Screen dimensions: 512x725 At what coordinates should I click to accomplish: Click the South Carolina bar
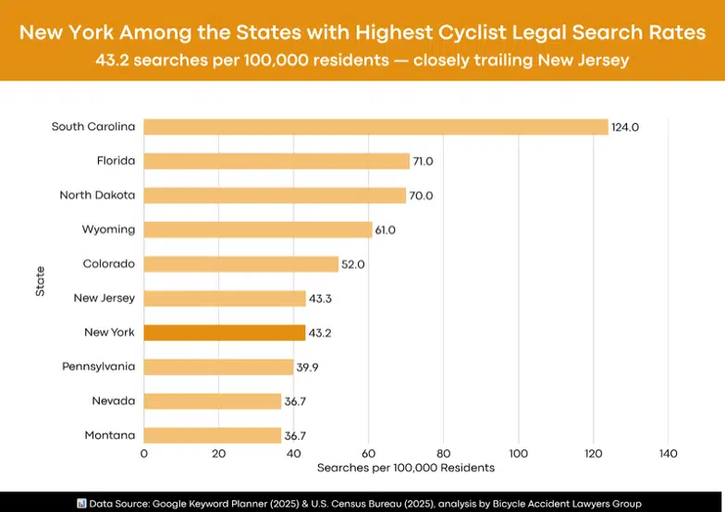point(375,127)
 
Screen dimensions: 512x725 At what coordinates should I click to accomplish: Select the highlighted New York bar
point(225,333)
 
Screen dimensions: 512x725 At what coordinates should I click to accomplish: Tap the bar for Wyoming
point(258,229)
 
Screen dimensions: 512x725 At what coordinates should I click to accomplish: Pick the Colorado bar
point(241,264)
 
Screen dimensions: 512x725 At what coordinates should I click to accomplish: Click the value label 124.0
point(625,128)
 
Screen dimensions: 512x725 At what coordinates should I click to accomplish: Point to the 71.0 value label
point(424,162)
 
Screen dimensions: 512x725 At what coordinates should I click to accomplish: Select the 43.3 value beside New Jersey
point(321,299)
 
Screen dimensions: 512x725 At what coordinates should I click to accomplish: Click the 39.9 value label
point(309,368)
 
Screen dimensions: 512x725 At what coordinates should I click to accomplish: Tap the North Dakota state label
point(97,195)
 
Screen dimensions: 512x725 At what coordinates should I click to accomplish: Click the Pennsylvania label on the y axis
point(98,367)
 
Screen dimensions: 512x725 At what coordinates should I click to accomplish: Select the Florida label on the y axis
point(116,161)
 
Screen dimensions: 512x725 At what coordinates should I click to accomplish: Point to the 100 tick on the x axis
point(519,454)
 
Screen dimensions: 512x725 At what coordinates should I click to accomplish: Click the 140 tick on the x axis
point(669,454)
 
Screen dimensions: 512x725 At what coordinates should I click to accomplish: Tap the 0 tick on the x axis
point(144,454)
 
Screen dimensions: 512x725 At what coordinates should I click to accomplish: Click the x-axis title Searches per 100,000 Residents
point(406,469)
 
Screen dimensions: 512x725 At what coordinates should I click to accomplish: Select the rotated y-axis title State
point(40,281)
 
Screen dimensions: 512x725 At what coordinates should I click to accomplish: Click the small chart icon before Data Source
point(81,503)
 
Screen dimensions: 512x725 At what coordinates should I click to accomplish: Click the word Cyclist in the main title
point(434,33)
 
